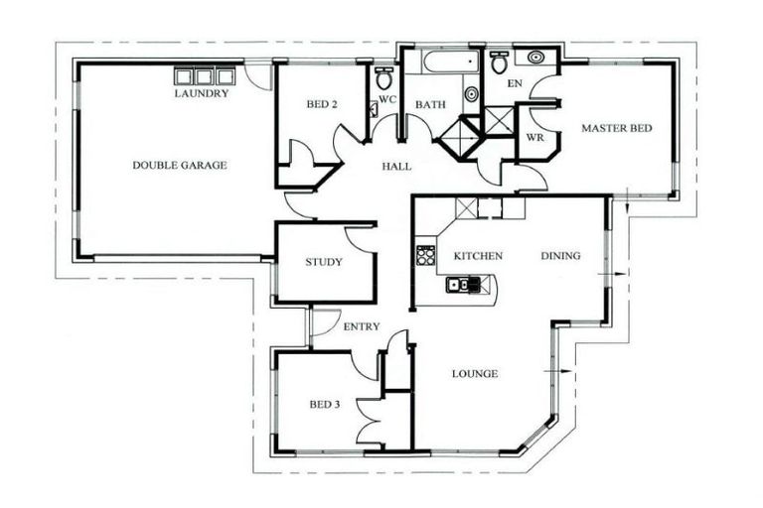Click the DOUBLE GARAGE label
tap(179, 165)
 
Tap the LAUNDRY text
tap(202, 94)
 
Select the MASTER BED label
tap(616, 128)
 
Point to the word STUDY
tap(324, 263)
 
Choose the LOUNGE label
tap(474, 374)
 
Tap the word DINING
tap(560, 256)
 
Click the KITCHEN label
tap(478, 256)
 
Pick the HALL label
tap(396, 167)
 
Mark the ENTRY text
tap(361, 326)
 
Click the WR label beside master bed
tap(534, 137)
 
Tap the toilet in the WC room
tap(383, 77)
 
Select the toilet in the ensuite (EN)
tap(499, 62)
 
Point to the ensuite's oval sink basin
tap(536, 58)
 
